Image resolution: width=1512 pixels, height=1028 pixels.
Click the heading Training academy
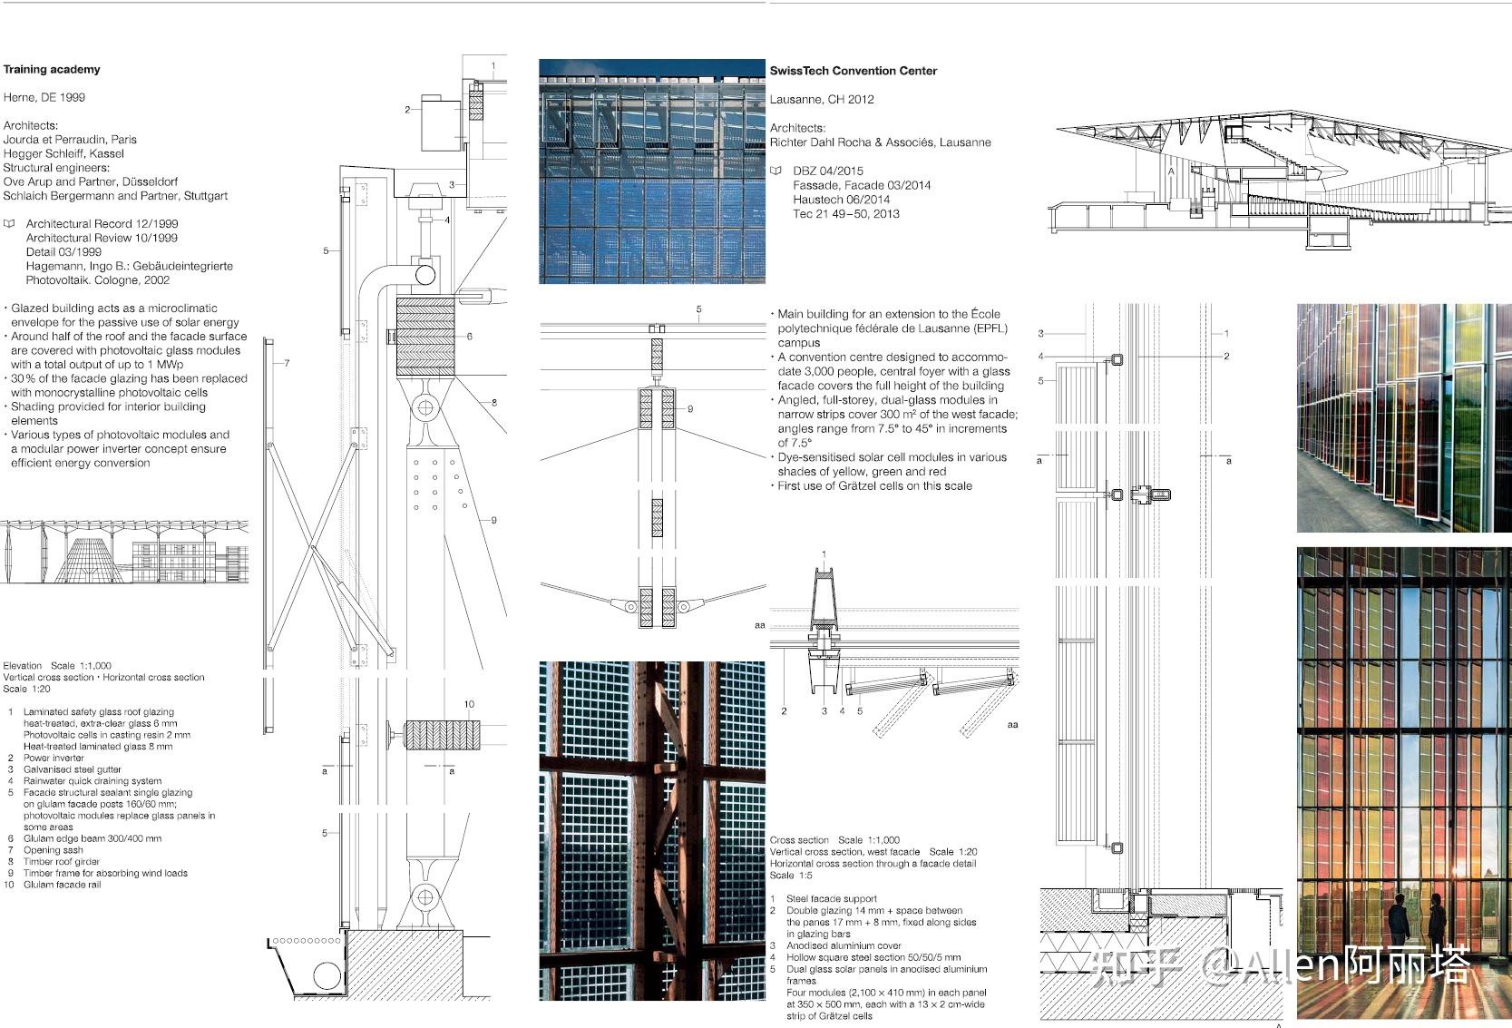point(52,70)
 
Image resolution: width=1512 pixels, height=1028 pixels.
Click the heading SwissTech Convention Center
point(853,71)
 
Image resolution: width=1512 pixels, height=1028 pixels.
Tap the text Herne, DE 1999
point(44,97)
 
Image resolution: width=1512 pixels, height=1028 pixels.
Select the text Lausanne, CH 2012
point(822,99)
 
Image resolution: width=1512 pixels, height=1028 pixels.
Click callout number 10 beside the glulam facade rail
point(469,704)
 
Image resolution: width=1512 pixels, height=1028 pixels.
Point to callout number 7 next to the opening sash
point(287,363)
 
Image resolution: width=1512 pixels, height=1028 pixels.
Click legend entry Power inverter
point(54,758)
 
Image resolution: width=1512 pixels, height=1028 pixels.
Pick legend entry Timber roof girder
point(62,862)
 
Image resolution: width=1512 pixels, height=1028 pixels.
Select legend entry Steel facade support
point(831,898)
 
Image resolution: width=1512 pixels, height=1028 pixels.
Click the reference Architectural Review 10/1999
point(102,238)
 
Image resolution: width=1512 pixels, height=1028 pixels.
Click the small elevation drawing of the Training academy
point(124,552)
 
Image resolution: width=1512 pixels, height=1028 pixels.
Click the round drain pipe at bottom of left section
point(327,976)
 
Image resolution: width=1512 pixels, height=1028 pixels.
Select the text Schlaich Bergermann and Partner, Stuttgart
point(115,196)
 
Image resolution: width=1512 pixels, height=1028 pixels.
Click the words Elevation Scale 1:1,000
point(57,665)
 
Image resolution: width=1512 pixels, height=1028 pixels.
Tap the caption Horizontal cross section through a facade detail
point(873,864)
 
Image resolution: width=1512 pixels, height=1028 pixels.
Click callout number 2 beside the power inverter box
point(407,110)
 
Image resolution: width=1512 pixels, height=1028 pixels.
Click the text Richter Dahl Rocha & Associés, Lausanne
point(880,142)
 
